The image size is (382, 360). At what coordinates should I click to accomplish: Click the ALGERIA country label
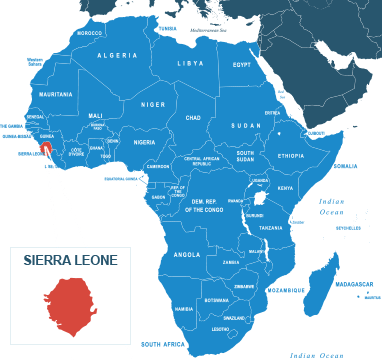(x=117, y=55)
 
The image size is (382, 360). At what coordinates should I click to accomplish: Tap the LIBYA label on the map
(x=190, y=63)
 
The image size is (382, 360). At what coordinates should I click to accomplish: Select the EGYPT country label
(x=242, y=64)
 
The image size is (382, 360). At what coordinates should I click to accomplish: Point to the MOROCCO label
(x=89, y=32)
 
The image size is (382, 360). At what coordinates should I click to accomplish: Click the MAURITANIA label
(x=55, y=94)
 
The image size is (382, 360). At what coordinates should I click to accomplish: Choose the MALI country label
(x=96, y=115)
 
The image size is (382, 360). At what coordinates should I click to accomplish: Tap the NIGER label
(x=153, y=104)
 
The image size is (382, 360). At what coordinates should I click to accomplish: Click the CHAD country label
(x=193, y=117)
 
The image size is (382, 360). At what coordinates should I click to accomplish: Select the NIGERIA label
(x=145, y=142)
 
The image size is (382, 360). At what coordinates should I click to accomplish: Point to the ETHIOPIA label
(x=291, y=156)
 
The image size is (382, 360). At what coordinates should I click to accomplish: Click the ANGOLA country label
(x=187, y=254)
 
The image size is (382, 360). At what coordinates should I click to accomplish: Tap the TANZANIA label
(x=271, y=228)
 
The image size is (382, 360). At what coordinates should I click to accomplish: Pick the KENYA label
(x=285, y=188)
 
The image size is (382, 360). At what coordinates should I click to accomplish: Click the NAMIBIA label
(x=184, y=309)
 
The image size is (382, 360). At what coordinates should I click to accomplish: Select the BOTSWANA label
(x=217, y=300)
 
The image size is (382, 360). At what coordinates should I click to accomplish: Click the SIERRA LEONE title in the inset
(x=70, y=260)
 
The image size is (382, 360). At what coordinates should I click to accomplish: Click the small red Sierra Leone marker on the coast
(x=46, y=149)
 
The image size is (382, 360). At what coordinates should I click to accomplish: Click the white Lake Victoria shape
(x=260, y=197)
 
